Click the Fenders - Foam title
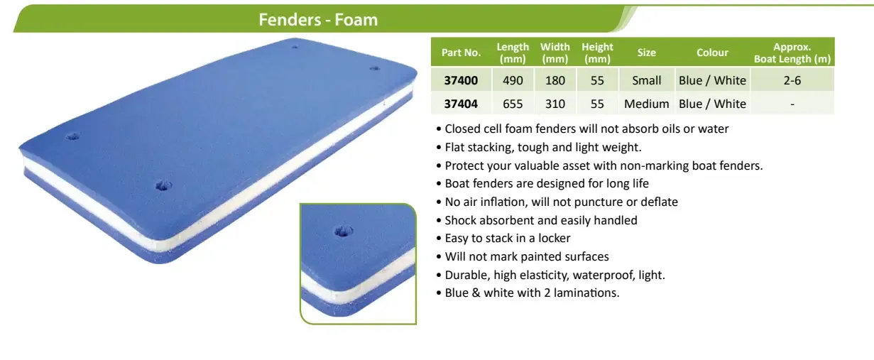tap(318, 19)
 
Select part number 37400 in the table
tap(461, 80)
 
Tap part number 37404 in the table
tap(461, 104)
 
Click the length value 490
tap(513, 80)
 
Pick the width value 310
tap(555, 104)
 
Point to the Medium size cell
tap(646, 104)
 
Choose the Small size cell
tap(647, 80)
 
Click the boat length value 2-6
tap(792, 80)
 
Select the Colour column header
tap(712, 53)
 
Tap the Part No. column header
tap(461, 53)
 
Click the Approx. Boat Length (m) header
tap(792, 53)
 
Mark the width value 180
tap(555, 80)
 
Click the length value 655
tap(513, 104)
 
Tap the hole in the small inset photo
tap(344, 231)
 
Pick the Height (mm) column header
tap(597, 53)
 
